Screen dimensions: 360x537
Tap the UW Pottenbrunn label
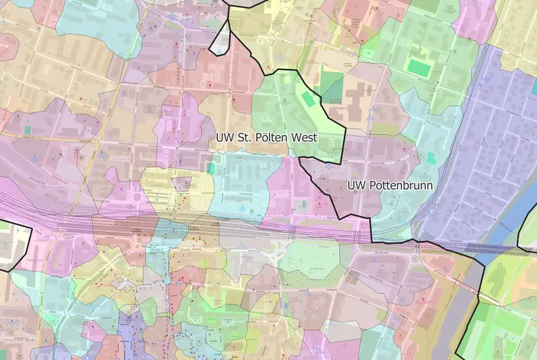pyautogui.click(x=390, y=185)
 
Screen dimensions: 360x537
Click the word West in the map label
pyautogui.click(x=323, y=138)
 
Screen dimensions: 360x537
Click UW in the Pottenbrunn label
pyautogui.click(x=355, y=185)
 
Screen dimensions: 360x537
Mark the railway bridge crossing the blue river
pyautogui.click(x=502, y=247)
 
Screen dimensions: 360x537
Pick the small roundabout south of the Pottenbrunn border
pyautogui.click(x=415, y=259)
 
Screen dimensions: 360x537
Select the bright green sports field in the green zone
pyautogui.click(x=418, y=68)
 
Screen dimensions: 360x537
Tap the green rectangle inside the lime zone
pyautogui.click(x=308, y=99)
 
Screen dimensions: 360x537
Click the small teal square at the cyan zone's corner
pyautogui.click(x=212, y=167)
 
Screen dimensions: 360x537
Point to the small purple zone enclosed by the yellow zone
pyautogui.click(x=182, y=183)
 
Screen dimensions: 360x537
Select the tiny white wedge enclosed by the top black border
pyautogui.click(x=221, y=43)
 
